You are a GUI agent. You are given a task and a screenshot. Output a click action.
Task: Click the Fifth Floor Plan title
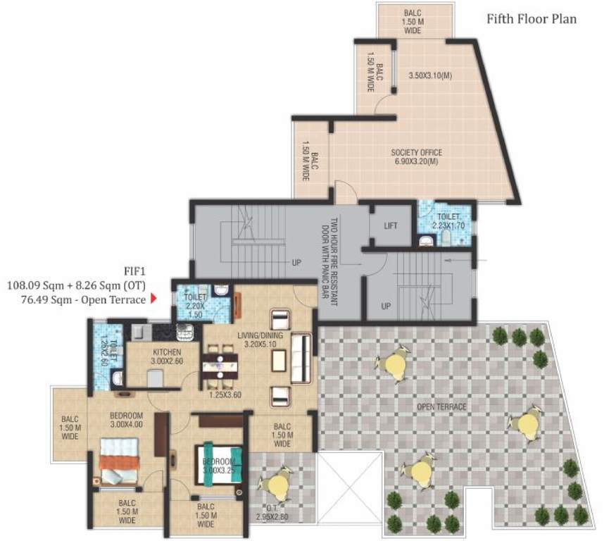(531, 19)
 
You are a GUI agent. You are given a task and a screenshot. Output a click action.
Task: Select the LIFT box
(391, 226)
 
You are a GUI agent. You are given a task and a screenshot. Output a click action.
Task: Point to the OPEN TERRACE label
(441, 406)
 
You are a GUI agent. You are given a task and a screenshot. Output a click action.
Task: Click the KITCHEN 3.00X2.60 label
(165, 356)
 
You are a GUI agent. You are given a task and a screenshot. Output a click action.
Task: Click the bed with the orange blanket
(118, 461)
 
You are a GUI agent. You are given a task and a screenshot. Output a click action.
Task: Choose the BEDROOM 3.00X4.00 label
(126, 419)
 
